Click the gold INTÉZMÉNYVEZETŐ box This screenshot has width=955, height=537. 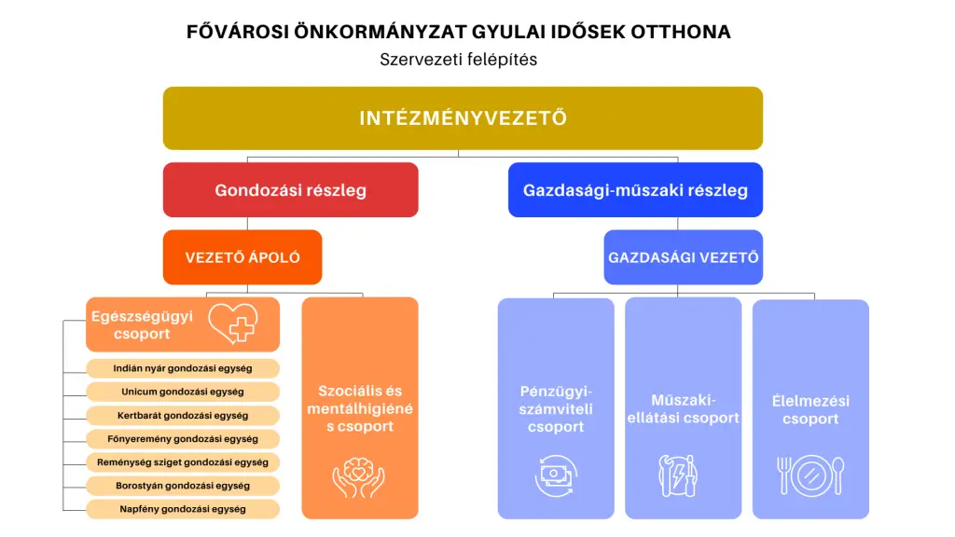463,118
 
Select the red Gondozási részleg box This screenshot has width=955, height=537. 290,190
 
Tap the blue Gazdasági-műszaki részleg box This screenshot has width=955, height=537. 635,190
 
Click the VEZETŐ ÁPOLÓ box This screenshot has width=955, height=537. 242,257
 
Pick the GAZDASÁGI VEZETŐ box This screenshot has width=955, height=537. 683,257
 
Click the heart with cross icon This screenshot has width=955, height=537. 233,324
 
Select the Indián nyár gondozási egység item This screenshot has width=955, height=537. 183,368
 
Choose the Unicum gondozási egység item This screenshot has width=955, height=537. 183,392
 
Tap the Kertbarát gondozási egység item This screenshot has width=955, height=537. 183,415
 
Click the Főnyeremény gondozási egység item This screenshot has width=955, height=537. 183,438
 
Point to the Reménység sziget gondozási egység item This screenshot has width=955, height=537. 183,461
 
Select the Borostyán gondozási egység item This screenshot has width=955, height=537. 183,486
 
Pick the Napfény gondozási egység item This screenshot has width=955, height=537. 183,509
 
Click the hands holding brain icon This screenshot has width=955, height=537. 359,476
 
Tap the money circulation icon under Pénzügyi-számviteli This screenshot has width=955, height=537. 556,475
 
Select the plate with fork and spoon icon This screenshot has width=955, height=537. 810,475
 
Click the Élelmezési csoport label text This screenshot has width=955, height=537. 810,410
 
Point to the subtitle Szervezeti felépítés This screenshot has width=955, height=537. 459,59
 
